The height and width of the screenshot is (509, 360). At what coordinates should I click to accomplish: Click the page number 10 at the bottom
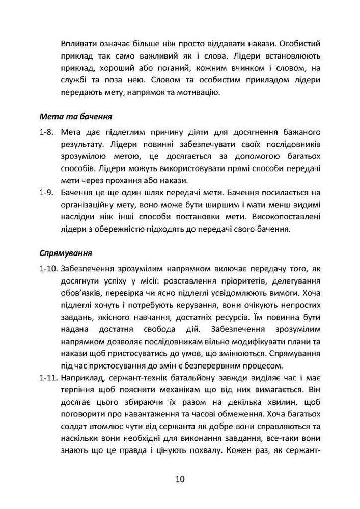coord(180,479)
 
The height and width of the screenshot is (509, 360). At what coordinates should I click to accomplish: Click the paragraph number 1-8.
coord(46,132)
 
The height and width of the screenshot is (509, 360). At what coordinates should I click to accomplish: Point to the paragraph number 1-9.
coord(46,193)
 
